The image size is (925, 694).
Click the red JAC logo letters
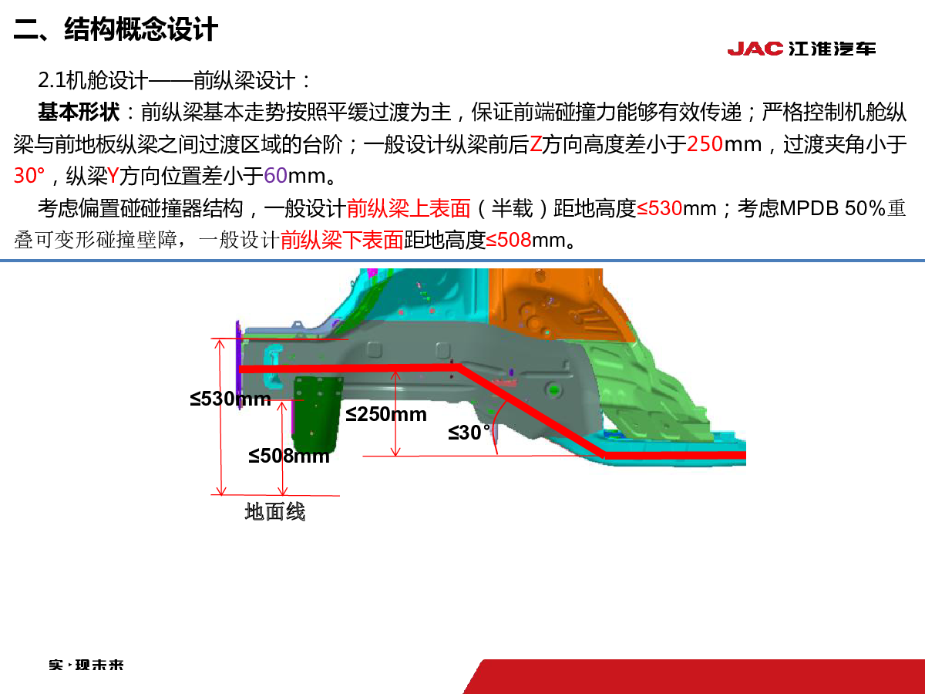755,49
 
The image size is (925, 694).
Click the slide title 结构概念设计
141,29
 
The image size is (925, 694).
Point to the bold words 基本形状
79,112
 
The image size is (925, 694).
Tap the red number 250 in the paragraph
705,144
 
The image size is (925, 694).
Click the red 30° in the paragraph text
29,175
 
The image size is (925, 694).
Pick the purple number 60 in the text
275,175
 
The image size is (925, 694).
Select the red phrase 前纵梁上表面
408,208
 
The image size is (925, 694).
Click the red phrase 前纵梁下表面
341,240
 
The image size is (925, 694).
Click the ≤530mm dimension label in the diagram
230,399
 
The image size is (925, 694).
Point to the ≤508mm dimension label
288,456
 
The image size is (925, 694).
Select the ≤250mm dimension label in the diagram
386,414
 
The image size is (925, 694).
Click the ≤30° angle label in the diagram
469,433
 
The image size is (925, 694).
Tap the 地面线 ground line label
274,512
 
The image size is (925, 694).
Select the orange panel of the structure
557,303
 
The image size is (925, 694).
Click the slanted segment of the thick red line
532,411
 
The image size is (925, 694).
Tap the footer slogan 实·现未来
86,665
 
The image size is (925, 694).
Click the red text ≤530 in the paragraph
659,208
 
